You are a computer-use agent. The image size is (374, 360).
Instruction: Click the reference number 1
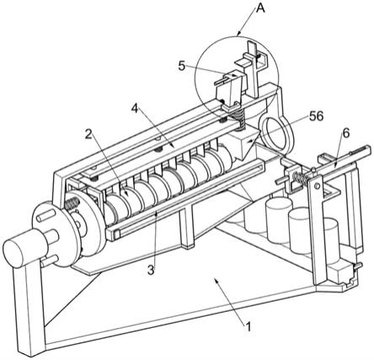[248, 327]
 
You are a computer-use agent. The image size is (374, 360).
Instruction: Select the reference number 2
[88, 135]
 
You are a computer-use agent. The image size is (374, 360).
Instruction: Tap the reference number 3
[151, 271]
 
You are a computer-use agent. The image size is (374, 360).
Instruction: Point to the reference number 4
[135, 109]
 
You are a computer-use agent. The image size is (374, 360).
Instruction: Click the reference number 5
[182, 67]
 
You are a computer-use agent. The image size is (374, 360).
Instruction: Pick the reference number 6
[346, 133]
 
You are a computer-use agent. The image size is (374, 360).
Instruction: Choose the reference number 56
[316, 116]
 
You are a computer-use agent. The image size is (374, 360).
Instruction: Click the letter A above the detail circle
[260, 8]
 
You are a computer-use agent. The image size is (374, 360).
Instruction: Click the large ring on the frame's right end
[275, 131]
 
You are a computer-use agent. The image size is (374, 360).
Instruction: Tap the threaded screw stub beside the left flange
[72, 204]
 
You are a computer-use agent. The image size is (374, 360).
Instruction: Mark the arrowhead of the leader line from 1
[216, 280]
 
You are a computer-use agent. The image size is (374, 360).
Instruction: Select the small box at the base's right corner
[341, 272]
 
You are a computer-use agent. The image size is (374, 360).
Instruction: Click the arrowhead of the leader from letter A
[238, 34]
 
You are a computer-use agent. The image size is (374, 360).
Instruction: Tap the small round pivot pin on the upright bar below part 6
[317, 185]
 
